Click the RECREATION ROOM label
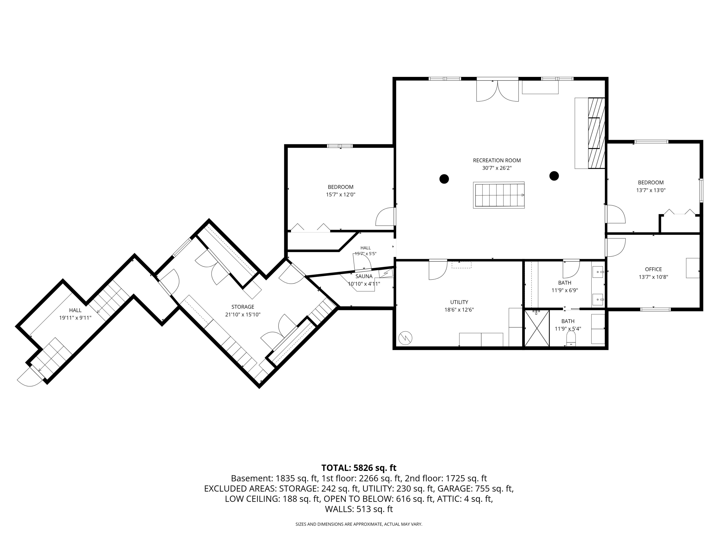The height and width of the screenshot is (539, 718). coord(497,160)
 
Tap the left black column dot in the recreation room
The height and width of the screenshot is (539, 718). coord(444,179)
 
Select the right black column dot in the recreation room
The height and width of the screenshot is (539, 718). coord(554,176)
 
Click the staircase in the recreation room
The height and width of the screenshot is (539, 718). coord(499,195)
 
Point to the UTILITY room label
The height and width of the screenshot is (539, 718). coord(459,302)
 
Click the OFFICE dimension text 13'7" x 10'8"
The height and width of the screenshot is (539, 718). coord(653,277)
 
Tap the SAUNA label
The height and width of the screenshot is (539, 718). coord(364,276)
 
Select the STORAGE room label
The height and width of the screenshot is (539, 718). coord(243,307)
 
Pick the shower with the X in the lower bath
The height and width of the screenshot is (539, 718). coord(537,328)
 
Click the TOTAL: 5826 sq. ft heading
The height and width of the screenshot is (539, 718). coord(359,468)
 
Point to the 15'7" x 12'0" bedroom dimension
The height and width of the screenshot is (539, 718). coord(341,195)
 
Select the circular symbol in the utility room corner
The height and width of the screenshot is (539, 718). coord(405,338)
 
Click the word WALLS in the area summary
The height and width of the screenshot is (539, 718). coord(339,509)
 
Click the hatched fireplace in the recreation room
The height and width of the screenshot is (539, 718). coord(597,133)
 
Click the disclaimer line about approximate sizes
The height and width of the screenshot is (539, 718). coord(359,524)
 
